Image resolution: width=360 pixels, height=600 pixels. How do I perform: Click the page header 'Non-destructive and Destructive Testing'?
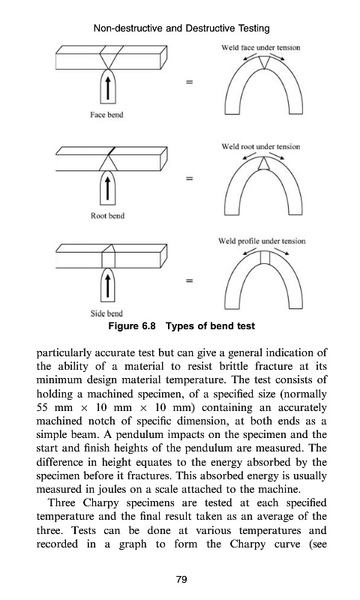click(x=181, y=28)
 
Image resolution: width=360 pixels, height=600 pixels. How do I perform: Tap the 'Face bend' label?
click(x=106, y=115)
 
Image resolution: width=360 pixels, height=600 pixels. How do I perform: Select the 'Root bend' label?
click(x=107, y=216)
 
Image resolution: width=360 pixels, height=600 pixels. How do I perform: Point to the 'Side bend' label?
click(x=106, y=313)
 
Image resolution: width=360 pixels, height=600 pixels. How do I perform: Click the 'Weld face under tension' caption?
click(x=261, y=48)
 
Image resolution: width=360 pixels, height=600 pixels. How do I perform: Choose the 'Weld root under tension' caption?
click(x=261, y=146)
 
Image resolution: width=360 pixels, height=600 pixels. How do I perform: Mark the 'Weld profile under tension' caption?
click(x=262, y=241)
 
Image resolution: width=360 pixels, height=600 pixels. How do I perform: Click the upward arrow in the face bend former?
click(x=108, y=88)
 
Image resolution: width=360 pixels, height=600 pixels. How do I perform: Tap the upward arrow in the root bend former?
click(x=108, y=189)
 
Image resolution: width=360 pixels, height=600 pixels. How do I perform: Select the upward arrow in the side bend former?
click(x=108, y=286)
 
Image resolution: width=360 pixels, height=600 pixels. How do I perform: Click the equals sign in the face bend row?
click(x=189, y=82)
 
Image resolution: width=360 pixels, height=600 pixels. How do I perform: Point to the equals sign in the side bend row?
click(x=189, y=280)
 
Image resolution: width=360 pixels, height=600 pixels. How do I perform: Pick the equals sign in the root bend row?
click(x=189, y=178)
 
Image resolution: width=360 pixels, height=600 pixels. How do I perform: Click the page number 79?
click(x=181, y=579)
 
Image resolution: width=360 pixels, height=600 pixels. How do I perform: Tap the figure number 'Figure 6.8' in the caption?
click(x=132, y=326)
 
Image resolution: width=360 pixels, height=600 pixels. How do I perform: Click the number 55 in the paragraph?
click(x=42, y=408)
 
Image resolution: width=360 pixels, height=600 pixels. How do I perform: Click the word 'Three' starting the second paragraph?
click(x=61, y=502)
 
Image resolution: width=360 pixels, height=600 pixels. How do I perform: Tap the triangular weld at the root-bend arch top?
click(x=262, y=163)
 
